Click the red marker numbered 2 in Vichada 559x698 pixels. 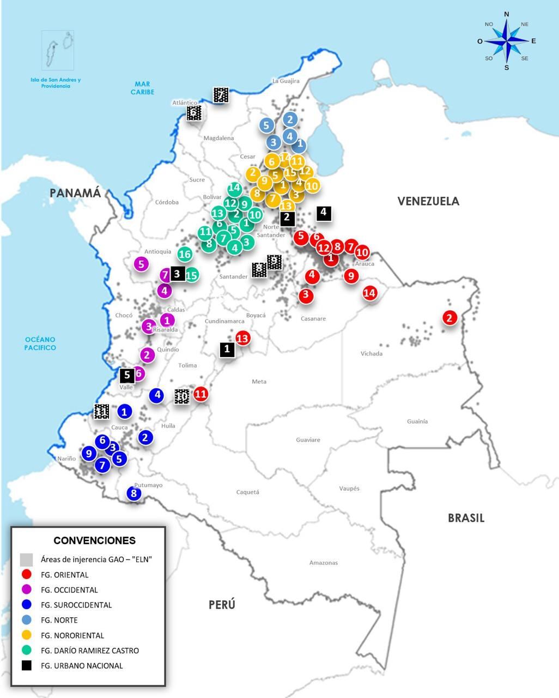(x=449, y=318)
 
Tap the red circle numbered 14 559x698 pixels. (x=369, y=293)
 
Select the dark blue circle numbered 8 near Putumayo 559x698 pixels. (x=134, y=494)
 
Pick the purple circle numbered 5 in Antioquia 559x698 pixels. (x=141, y=264)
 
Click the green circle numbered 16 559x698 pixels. (x=185, y=254)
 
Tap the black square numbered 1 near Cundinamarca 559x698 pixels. (x=227, y=349)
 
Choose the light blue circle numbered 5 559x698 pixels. (x=266, y=125)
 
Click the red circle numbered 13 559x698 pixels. (x=242, y=338)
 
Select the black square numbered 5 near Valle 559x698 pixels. (x=127, y=375)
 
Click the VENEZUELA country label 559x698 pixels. (x=428, y=201)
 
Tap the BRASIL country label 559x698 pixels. (x=466, y=518)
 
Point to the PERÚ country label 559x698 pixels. (x=222, y=604)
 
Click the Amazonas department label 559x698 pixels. (x=323, y=563)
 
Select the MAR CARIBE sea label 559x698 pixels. (x=142, y=88)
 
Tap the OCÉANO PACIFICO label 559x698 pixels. (x=40, y=344)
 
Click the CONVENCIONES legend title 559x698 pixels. (x=94, y=540)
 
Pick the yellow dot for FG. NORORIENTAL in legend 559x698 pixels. (x=27, y=635)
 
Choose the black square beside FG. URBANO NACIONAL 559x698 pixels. (x=27, y=665)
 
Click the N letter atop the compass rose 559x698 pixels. (x=507, y=14)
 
